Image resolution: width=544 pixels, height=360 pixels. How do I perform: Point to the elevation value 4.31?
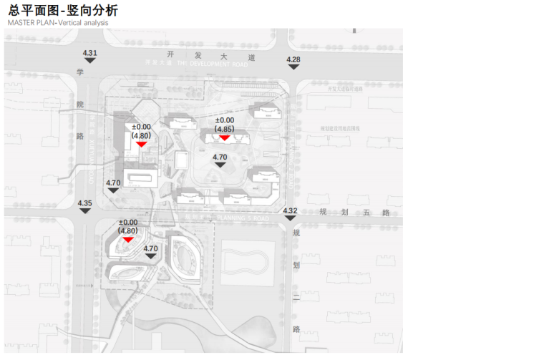(x=90, y=54)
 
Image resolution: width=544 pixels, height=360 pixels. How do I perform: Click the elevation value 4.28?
(x=293, y=59)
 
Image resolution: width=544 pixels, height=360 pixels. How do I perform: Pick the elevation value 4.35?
(x=85, y=203)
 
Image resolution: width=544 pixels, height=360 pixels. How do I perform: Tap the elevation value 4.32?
(x=290, y=210)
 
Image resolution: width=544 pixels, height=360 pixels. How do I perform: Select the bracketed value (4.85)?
(x=224, y=129)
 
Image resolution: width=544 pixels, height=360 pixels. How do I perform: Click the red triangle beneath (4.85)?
(x=224, y=137)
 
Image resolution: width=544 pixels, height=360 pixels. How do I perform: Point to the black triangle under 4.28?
(x=293, y=67)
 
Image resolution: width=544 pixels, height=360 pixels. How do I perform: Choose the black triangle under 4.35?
(x=85, y=211)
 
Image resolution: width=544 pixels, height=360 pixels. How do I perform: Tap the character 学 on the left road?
(x=81, y=72)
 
